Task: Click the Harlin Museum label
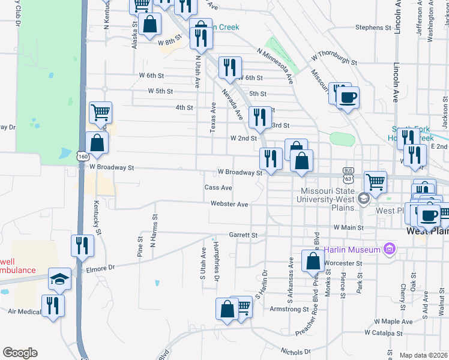point(353,249)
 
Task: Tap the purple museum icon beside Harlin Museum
point(390,248)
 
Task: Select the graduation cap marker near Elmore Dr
point(59,278)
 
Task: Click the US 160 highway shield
point(83,156)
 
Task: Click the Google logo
point(20,353)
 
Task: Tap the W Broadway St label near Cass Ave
point(240,172)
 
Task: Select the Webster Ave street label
point(229,204)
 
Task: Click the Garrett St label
point(243,235)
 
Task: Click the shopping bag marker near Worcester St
point(313,260)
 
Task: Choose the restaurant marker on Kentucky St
point(82,245)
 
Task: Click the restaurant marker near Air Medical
point(53,305)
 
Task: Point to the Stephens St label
point(373,28)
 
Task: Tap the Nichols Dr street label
point(295,352)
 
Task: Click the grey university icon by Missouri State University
point(363,198)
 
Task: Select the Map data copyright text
point(423,355)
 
